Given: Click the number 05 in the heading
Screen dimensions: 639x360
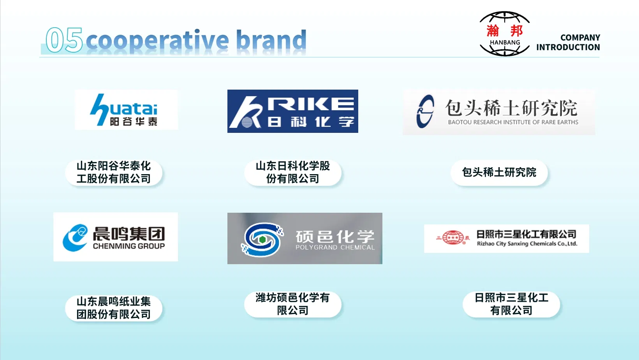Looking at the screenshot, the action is click(64, 40).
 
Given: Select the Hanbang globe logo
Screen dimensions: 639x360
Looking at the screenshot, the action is click(505, 34).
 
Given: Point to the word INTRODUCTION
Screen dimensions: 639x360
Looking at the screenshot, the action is click(568, 47).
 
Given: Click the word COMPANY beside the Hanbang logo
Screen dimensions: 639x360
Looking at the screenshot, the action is click(580, 37).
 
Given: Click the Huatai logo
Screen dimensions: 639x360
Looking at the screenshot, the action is click(127, 110).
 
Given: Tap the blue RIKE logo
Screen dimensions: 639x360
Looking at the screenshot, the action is click(293, 111).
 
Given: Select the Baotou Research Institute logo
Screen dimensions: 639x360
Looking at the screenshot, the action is click(499, 112).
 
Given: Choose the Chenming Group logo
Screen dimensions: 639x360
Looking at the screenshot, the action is click(116, 236).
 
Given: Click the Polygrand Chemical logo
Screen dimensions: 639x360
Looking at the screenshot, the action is click(305, 238).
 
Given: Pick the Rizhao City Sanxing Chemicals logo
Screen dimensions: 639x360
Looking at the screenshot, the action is click(506, 238).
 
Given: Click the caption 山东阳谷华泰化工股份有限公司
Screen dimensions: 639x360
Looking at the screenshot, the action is click(114, 173).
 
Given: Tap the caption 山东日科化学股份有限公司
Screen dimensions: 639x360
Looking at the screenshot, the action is click(293, 173).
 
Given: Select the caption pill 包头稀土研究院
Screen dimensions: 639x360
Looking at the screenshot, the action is click(499, 173).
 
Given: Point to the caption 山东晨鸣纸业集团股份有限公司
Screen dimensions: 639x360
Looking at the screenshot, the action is click(114, 308).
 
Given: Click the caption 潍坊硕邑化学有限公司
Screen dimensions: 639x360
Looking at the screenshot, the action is click(293, 304).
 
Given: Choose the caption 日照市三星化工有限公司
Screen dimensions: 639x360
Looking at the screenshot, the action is click(511, 304).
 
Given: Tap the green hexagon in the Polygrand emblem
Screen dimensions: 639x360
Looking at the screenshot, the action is click(262, 240).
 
